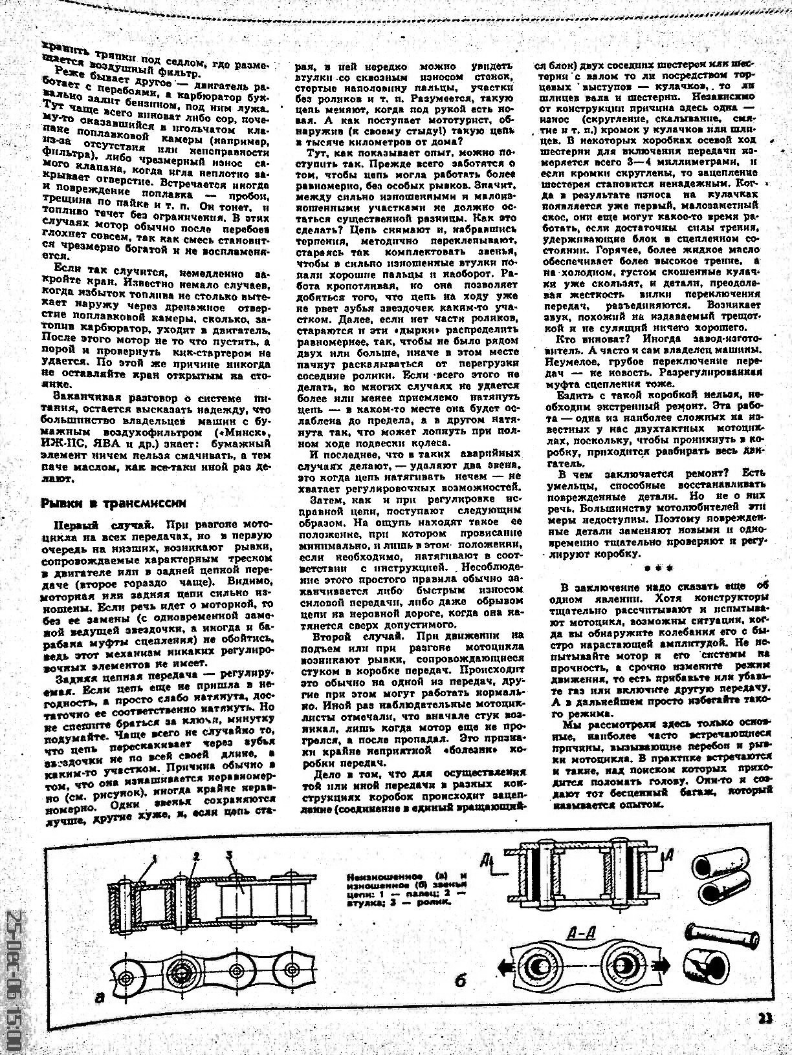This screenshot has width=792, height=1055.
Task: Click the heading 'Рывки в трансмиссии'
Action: pyautogui.click(x=113, y=502)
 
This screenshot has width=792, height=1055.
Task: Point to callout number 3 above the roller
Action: pyautogui.click(x=230, y=856)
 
